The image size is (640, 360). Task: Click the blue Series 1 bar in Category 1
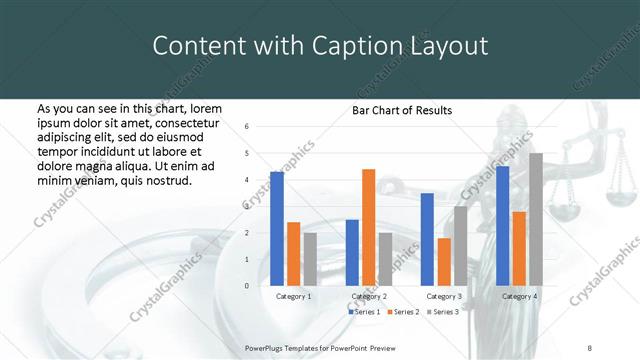277,229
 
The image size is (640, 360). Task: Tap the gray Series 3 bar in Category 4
536,219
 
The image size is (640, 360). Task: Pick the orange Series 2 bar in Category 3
444,262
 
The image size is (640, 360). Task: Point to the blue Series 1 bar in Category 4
502,226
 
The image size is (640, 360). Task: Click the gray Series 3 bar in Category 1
310,259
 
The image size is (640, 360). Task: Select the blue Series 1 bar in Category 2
352,252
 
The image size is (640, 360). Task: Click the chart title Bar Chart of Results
402,111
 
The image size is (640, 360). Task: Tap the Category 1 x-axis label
293,297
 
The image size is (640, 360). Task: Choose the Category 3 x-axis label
444,297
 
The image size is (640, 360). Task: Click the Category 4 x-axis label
519,297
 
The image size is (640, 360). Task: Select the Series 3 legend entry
444,313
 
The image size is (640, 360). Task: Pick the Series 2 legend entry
405,313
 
